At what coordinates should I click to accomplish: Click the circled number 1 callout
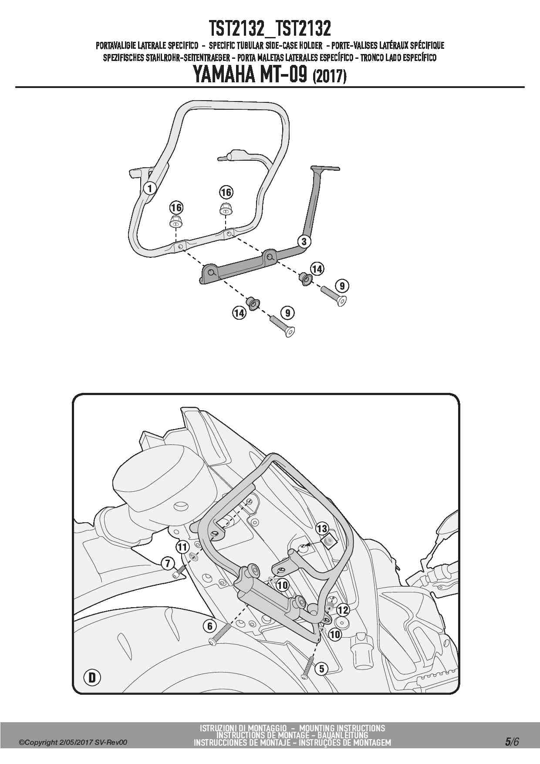click(150, 188)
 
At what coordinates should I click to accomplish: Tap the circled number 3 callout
click(304, 241)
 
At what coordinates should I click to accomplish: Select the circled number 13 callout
click(322, 529)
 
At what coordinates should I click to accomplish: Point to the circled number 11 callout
click(182, 547)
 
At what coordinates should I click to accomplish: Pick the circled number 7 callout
click(168, 563)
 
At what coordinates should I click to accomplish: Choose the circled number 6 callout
click(210, 626)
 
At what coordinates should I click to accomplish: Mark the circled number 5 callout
click(321, 669)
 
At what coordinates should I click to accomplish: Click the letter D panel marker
click(92, 678)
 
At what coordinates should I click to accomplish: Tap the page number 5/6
click(512, 742)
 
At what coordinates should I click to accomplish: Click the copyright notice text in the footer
click(73, 743)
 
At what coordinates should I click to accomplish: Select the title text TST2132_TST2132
click(270, 29)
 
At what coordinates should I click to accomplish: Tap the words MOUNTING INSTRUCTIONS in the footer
click(342, 728)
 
